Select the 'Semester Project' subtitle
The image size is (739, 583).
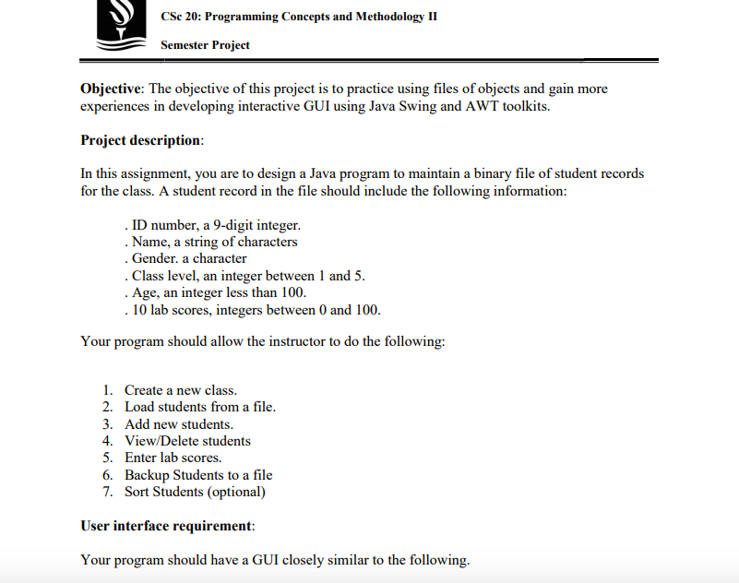click(205, 44)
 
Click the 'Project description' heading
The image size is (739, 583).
click(140, 140)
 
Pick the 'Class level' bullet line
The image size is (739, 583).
click(244, 276)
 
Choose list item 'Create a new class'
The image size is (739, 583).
click(181, 390)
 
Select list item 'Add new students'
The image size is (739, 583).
click(179, 424)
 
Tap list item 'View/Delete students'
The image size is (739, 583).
click(187, 441)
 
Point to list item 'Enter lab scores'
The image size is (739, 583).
click(173, 458)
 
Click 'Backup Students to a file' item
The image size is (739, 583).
click(198, 475)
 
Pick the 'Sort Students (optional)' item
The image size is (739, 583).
click(195, 492)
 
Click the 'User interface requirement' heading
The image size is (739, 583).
click(167, 526)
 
